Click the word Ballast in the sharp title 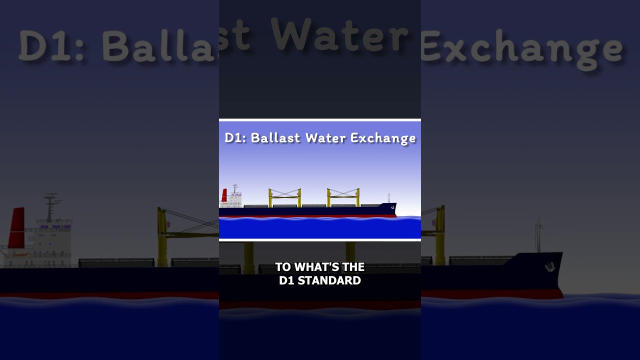pos(275,137)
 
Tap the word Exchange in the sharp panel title pos(383,139)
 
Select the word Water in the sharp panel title pos(325,137)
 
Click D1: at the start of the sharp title pos(235,137)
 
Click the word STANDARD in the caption pos(329,280)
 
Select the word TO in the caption pos(283,267)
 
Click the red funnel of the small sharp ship pos(224,195)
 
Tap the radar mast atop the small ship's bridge pos(235,188)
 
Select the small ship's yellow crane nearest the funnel pos(284,197)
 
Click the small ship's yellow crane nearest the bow pos(343,197)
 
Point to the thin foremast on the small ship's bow pos(388,197)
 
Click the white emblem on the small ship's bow pos(393,207)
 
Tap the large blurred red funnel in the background pos(16,227)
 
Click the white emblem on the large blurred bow pos(550,267)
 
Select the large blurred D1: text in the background pos(51,45)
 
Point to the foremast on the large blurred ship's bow pos(538,235)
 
